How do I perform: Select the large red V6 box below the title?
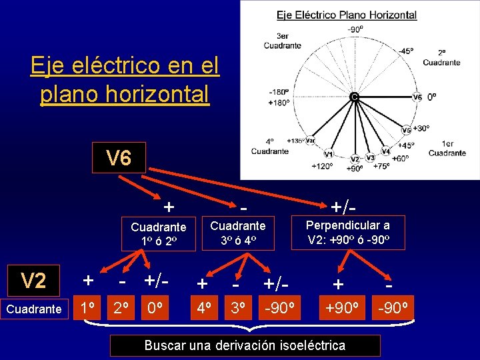coord(119,159)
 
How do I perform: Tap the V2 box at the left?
coord(33,281)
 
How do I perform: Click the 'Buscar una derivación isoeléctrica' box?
coord(245,345)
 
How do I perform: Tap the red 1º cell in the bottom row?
coord(86,309)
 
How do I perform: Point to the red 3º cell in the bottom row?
coord(236,309)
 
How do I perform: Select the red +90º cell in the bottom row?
coord(341,309)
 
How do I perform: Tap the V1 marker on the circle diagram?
coord(329,154)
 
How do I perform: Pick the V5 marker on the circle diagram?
coord(407,130)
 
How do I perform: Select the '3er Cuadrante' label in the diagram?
coord(282,41)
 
